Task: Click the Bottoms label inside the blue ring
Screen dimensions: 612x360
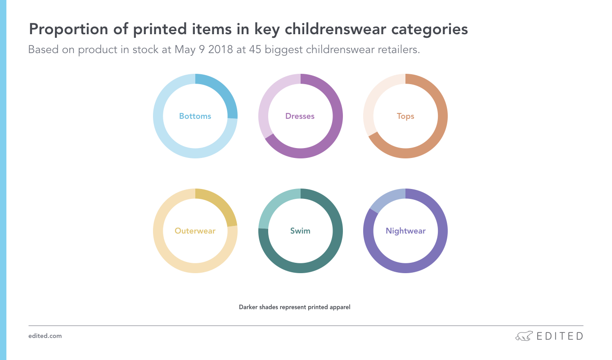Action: tap(195, 116)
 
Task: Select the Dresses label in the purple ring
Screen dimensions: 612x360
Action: tap(300, 116)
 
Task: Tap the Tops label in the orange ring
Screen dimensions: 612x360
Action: tap(405, 117)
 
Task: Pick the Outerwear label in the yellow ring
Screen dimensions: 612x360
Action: tap(195, 231)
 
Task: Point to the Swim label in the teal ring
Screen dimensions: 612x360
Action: tap(300, 231)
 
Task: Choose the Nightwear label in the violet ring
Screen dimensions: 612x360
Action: tap(405, 231)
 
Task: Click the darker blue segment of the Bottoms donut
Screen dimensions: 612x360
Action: tap(221, 90)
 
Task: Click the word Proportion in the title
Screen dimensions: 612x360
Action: tap(68, 29)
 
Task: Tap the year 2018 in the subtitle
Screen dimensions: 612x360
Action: tap(220, 49)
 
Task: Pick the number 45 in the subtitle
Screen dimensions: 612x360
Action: tap(255, 49)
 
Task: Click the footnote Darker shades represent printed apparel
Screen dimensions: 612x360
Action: tap(294, 307)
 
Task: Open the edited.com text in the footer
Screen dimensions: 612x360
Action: tap(45, 336)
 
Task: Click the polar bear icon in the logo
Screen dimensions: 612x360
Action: tap(524, 336)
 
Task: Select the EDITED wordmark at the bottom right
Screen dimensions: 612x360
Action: tap(560, 336)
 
